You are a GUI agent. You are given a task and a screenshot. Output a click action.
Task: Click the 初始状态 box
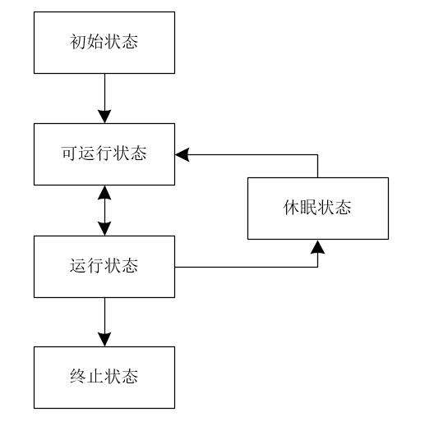(x=104, y=42)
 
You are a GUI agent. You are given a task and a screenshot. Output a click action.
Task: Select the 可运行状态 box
(x=104, y=153)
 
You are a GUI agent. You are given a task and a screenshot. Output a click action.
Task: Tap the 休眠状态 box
(x=317, y=208)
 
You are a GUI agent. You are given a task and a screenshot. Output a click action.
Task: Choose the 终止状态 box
(x=104, y=377)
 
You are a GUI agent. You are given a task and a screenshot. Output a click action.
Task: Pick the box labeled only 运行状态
(x=104, y=266)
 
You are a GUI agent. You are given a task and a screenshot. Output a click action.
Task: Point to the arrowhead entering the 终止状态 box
(x=104, y=339)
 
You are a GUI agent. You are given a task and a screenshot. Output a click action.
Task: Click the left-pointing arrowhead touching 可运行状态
(x=182, y=153)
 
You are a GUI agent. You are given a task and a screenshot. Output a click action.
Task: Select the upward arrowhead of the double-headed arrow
(x=104, y=191)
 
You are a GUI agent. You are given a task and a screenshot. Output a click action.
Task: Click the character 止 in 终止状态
(x=95, y=377)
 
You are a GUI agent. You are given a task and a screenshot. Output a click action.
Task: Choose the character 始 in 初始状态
(x=95, y=42)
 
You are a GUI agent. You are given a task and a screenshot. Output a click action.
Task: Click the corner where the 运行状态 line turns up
(x=317, y=266)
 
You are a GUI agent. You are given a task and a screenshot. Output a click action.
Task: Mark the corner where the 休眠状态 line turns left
(x=317, y=153)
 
